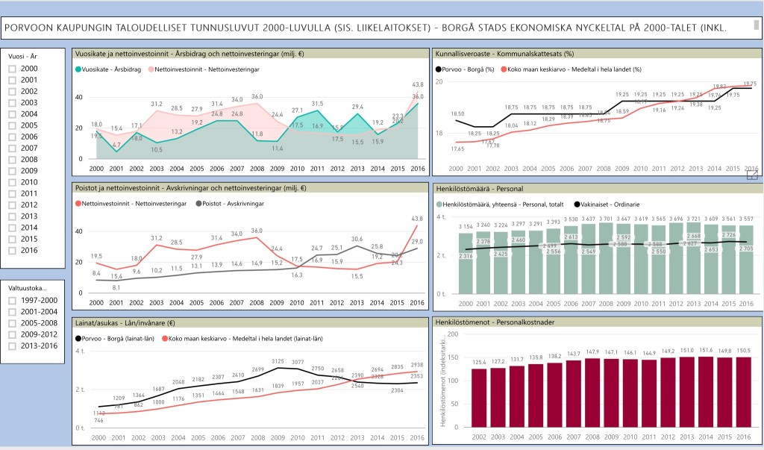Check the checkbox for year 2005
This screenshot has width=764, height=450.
(x=13, y=125)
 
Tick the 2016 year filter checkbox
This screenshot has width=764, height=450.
(x=13, y=250)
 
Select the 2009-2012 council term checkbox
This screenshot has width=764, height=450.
(x=13, y=334)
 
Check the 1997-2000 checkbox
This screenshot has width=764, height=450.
(x=13, y=301)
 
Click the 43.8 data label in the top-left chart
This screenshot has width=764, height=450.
(x=418, y=84)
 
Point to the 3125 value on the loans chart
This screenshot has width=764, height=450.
(x=278, y=361)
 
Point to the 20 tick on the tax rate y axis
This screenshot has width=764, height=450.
(x=439, y=81)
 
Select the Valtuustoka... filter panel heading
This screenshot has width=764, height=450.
(x=28, y=287)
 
